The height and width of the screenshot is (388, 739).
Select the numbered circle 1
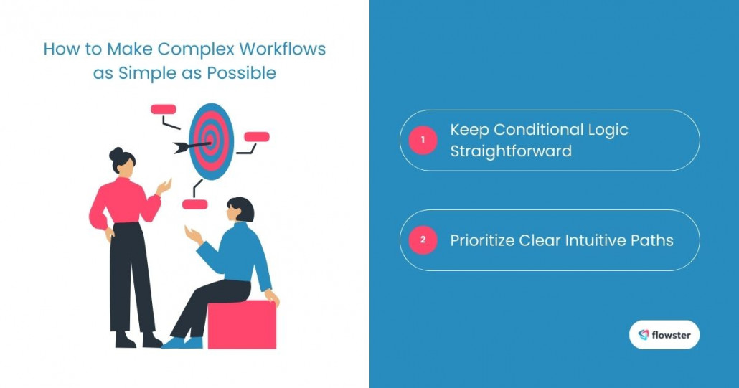423,141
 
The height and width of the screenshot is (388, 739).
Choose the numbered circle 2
423,240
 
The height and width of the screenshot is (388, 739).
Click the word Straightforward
511,151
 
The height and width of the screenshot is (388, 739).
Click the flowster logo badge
664,334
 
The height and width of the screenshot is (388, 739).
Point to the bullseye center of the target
212,141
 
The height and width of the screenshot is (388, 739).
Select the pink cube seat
242,324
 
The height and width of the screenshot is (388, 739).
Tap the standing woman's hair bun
116,153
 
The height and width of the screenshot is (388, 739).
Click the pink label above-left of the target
164,110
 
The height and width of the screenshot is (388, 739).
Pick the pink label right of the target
257,136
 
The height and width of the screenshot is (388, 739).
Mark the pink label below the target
194,204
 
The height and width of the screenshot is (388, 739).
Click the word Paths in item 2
654,240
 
